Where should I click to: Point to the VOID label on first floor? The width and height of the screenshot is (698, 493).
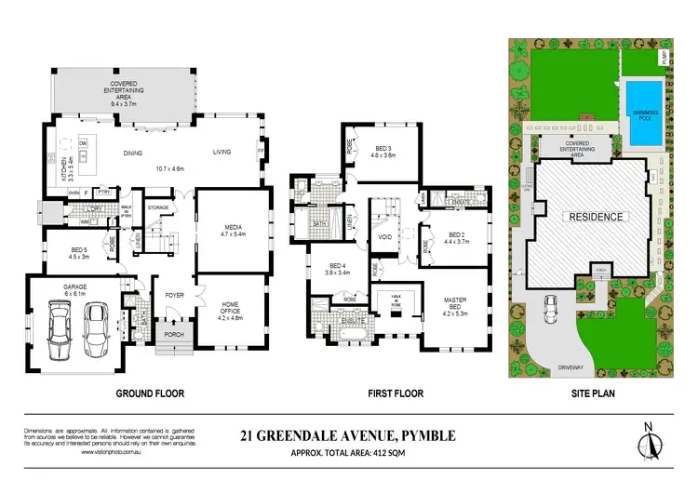[383, 236]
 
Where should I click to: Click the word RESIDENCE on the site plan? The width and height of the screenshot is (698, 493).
[591, 217]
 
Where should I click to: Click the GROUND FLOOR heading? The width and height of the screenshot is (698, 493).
[148, 393]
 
